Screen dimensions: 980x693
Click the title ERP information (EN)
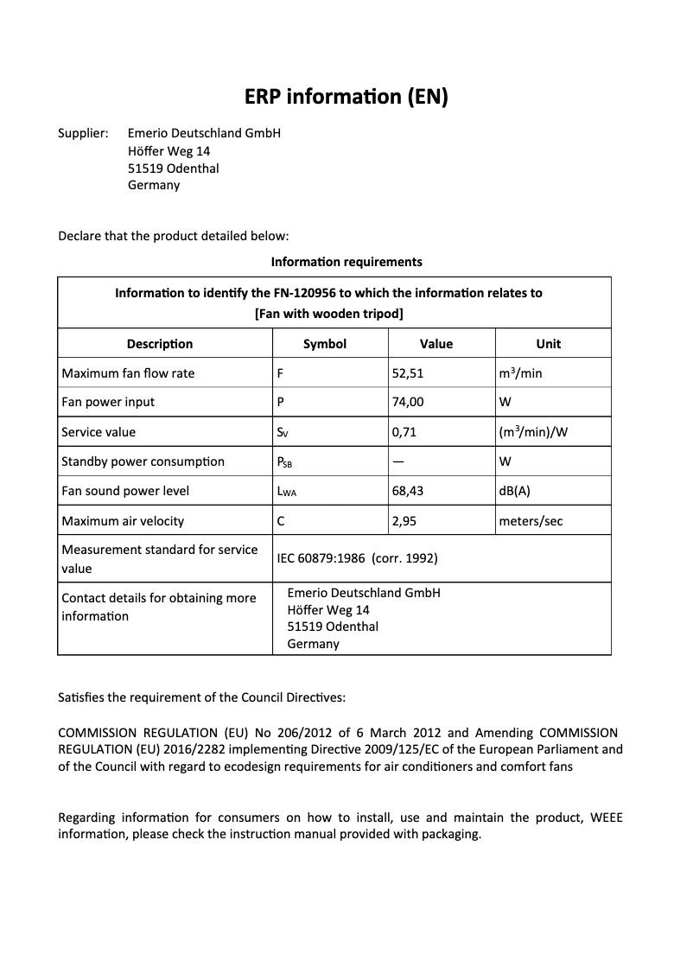[346, 96]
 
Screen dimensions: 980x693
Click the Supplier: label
[82, 133]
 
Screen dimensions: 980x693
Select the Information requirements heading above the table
[346, 261]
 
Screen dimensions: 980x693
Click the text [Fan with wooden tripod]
[328, 313]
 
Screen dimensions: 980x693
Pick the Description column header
[160, 344]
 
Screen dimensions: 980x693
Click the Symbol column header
[325, 344]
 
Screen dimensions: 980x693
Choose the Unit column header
[548, 344]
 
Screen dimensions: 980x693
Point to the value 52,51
[407, 373]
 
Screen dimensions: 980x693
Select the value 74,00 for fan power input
[407, 402]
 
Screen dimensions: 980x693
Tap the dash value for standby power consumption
[398, 461]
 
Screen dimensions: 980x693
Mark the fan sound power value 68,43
[407, 491]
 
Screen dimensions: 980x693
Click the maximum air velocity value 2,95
[404, 521]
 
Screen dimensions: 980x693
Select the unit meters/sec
[531, 521]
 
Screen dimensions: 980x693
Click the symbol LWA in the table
[286, 492]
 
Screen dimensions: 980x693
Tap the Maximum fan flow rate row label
[128, 373]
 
